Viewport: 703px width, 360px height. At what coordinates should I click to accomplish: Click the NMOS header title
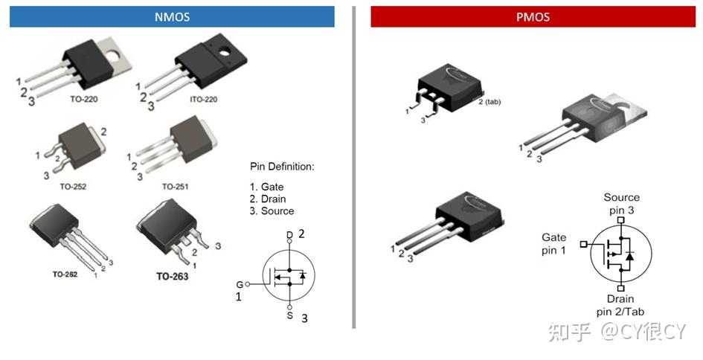coord(172,17)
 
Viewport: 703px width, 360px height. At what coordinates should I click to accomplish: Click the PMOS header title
coord(533,17)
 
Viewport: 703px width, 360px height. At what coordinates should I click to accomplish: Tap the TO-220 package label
coord(84,99)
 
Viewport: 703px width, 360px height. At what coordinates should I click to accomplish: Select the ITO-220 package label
coord(204,99)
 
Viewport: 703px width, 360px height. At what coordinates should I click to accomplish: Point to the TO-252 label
coord(73,187)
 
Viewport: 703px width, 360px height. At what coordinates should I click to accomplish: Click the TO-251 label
coord(175,187)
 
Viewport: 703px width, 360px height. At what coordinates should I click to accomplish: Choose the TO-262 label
coord(65,274)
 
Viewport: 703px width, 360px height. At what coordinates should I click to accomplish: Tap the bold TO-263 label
coord(172,276)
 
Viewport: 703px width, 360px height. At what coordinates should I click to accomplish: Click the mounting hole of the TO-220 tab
coord(113,56)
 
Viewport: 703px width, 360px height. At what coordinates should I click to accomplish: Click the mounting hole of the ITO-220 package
coord(224,52)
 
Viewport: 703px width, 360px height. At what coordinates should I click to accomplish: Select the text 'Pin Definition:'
coord(282,167)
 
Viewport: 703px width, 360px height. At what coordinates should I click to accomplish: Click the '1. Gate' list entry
coord(266,187)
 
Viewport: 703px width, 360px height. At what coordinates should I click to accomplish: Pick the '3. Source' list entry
coord(272,211)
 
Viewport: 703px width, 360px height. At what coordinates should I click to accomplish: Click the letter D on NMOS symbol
coord(289,235)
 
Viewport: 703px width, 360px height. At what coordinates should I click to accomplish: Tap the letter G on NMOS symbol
coord(240,285)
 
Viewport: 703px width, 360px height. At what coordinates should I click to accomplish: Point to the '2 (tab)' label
coord(489,102)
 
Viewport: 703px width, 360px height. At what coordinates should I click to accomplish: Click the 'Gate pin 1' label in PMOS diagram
coord(553,244)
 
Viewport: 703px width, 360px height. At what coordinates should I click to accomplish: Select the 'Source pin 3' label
coord(621,204)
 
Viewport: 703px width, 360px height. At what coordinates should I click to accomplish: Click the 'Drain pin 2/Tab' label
coord(620,305)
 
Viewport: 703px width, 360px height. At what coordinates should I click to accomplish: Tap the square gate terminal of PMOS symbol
coord(583,244)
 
